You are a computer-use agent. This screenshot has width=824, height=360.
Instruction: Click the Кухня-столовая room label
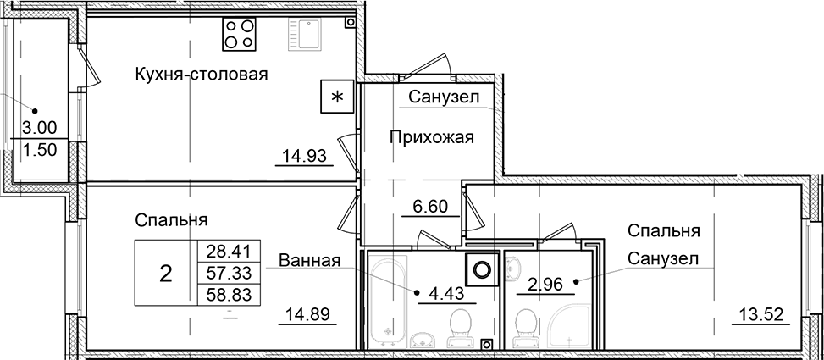coord(201,75)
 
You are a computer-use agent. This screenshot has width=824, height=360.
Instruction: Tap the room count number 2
coord(166,273)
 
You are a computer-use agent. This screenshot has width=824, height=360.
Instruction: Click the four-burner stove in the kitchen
coord(239,33)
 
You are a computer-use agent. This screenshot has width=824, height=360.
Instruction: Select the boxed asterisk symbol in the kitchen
coord(337,97)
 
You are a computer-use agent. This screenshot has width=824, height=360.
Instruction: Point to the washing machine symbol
coord(483,270)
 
